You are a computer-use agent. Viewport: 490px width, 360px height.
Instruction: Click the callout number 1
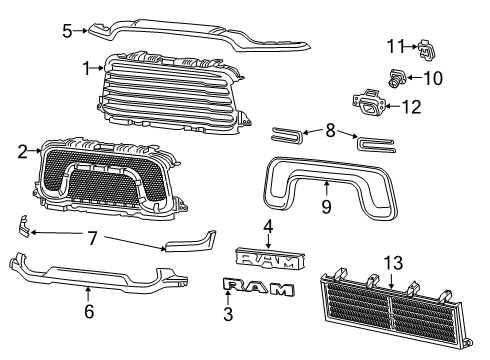[x=87, y=68]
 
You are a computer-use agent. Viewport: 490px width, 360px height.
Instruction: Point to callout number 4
[x=268, y=226]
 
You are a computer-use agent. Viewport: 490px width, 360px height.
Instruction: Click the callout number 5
[x=67, y=30]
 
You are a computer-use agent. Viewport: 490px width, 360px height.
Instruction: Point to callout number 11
[x=396, y=45]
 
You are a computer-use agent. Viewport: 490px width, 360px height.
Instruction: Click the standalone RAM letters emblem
[x=258, y=289]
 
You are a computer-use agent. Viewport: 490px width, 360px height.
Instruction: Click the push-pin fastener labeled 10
[x=398, y=75]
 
